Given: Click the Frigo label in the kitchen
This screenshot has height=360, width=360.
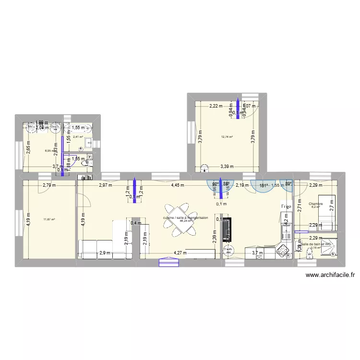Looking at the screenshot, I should (x=287, y=206).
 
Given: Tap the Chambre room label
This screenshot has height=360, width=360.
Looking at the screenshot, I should (x=316, y=204).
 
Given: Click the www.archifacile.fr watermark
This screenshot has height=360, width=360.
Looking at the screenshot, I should (x=330, y=275).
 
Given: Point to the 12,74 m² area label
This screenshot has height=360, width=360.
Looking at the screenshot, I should (x=227, y=137).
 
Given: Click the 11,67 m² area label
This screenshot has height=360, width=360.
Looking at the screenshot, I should (x=49, y=220).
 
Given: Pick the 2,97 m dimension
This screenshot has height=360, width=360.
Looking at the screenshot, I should (x=105, y=185).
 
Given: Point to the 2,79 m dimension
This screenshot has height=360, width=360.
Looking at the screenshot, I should (x=48, y=185).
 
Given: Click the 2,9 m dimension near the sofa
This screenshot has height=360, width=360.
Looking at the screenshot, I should (x=105, y=253).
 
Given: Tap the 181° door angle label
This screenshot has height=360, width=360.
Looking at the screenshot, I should (x=264, y=185).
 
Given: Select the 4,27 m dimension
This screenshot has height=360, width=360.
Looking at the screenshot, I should (x=180, y=253).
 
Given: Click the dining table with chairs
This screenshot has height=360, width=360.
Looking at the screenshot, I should (x=179, y=219).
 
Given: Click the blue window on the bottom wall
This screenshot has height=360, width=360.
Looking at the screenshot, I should (x=169, y=262).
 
